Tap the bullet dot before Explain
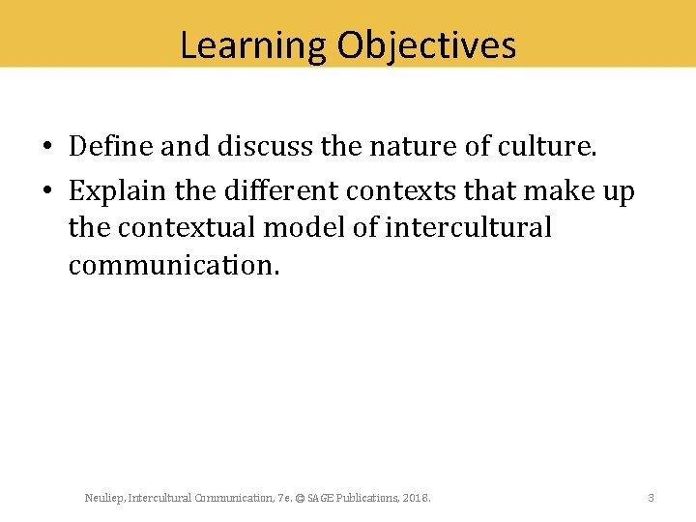tap(46, 192)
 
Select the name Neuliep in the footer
tap(103, 498)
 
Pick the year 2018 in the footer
tap(417, 498)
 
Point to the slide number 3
tap(651, 498)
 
